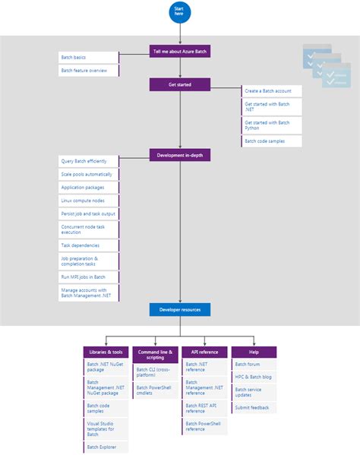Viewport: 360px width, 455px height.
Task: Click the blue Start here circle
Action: click(x=180, y=12)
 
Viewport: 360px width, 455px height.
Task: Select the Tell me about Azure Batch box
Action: click(x=180, y=52)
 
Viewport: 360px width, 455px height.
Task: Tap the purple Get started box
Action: click(x=180, y=84)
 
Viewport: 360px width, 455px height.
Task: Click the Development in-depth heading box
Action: click(x=180, y=155)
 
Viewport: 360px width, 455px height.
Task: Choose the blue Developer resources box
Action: click(x=180, y=309)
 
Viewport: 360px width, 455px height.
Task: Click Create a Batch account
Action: click(x=272, y=90)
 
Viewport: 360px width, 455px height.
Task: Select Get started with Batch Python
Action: click(x=272, y=125)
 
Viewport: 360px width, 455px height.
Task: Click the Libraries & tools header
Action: click(x=106, y=352)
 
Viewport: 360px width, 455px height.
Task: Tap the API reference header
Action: click(x=204, y=352)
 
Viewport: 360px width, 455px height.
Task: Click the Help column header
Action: click(x=254, y=352)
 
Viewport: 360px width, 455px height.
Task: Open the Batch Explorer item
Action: click(x=106, y=447)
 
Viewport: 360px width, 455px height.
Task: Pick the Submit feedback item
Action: click(x=254, y=407)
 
